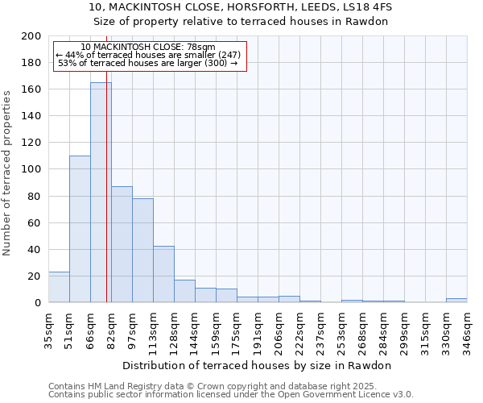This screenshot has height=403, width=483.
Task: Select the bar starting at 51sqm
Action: (80, 229)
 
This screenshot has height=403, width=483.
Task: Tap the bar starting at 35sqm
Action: (59, 287)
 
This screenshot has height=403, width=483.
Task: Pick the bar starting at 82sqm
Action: (122, 244)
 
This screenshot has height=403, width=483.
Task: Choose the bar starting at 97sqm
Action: (142, 250)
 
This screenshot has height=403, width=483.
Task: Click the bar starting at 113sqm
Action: (163, 274)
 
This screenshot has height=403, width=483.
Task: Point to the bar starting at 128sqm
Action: (184, 291)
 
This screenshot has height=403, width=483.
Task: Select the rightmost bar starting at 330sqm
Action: (456, 300)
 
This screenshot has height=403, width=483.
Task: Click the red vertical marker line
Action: (106, 201)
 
